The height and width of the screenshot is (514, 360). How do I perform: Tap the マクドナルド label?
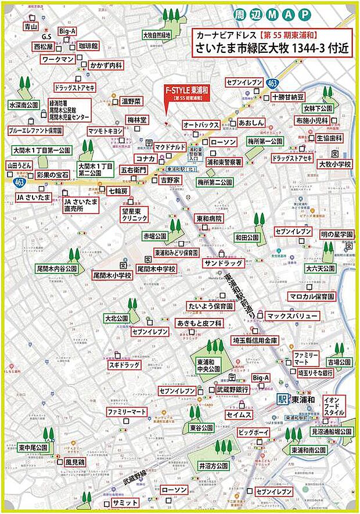(x=170, y=146)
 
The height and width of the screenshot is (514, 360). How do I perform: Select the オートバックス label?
(x=201, y=125)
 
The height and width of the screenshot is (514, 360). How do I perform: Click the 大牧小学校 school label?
(x=335, y=165)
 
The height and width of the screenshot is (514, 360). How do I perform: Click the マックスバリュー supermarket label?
(x=293, y=316)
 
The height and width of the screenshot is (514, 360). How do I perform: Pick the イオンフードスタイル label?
(x=334, y=404)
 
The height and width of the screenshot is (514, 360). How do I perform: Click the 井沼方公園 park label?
(x=213, y=466)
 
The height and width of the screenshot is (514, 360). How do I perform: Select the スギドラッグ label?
(x=125, y=365)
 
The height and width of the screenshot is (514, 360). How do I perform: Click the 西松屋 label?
(x=43, y=46)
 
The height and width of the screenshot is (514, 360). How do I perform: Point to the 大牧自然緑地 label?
(x=158, y=35)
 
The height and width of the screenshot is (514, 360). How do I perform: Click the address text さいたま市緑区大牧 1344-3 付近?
(x=271, y=49)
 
